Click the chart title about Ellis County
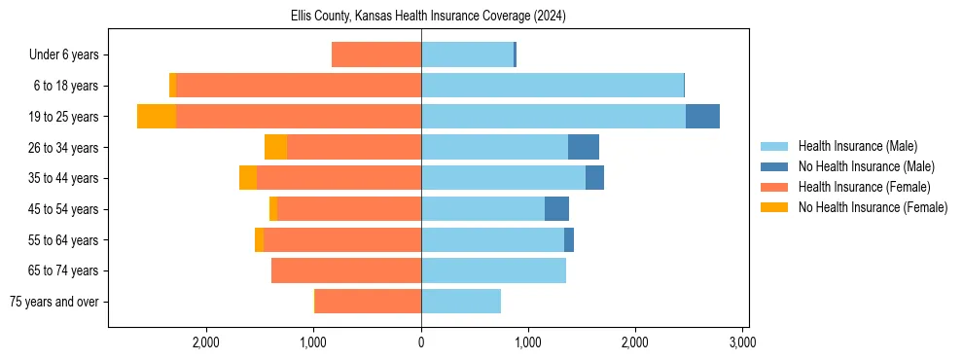point(428,17)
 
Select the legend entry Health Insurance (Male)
point(856,146)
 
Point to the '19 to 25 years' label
point(64,117)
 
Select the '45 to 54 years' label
point(64,209)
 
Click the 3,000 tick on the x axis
point(742,343)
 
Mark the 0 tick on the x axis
point(421,343)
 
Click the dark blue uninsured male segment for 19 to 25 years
point(702,117)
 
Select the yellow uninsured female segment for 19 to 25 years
point(157,117)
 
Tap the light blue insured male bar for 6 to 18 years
point(553,86)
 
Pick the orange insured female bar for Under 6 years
point(376,54)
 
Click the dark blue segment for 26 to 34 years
point(584,147)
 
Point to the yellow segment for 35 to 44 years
point(248,178)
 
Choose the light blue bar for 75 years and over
point(461,302)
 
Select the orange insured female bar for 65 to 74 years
point(346,270)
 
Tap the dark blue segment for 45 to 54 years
point(556,209)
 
